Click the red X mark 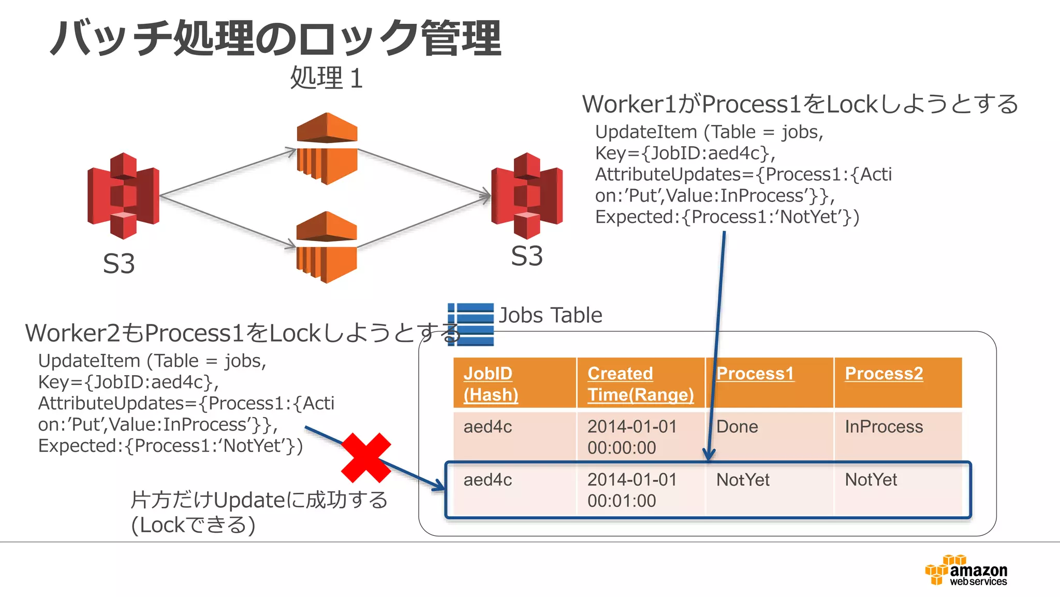[x=366, y=458]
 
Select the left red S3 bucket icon [x=123, y=195]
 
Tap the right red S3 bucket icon [x=527, y=195]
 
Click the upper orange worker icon [x=327, y=148]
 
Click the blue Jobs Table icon [x=470, y=324]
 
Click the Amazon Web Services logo [x=966, y=571]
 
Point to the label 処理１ [x=327, y=78]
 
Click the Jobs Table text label [x=550, y=315]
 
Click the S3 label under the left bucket [x=119, y=264]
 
